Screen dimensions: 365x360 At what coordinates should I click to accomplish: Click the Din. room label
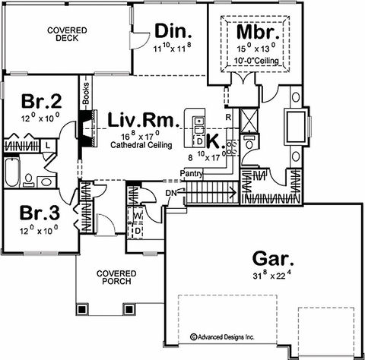(x=173, y=31)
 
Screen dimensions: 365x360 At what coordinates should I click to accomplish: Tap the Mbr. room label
(x=258, y=32)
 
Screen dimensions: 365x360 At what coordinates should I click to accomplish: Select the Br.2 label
(x=41, y=101)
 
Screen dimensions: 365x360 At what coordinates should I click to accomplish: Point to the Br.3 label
(x=40, y=213)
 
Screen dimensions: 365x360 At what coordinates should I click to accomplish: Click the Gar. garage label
(x=273, y=259)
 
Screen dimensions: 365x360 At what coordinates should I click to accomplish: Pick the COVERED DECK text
(x=67, y=34)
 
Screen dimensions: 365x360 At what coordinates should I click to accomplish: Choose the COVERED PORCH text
(x=116, y=277)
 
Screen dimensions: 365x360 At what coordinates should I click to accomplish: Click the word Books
(x=86, y=93)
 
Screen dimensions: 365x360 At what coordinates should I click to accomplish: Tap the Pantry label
(x=192, y=174)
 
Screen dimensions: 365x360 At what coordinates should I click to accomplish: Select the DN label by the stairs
(x=171, y=193)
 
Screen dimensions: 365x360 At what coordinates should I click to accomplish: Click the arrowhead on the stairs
(x=234, y=192)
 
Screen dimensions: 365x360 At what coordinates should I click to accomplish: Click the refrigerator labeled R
(x=228, y=117)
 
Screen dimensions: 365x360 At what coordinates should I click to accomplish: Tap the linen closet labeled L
(x=48, y=145)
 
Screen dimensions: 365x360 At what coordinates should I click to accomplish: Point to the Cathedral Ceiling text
(x=141, y=145)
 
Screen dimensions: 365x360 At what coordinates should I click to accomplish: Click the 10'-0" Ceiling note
(x=256, y=61)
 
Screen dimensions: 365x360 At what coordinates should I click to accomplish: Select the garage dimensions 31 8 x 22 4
(x=271, y=275)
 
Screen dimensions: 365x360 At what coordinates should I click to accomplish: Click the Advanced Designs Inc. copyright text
(x=222, y=337)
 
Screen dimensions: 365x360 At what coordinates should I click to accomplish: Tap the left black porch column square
(x=82, y=309)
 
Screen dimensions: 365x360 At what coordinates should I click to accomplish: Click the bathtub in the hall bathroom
(x=12, y=172)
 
